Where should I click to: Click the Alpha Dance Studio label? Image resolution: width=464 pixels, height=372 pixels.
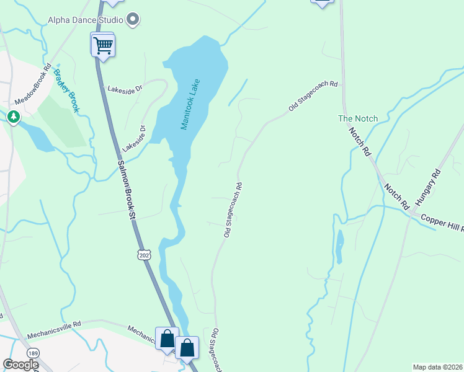coord(86,20)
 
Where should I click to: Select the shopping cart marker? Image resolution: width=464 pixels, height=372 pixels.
coord(103,45)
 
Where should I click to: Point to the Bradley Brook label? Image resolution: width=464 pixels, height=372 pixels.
coord(66,91)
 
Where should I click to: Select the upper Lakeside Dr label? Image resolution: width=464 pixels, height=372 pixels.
coord(125,89)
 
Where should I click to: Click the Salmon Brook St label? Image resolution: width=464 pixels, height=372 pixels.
coord(126,190)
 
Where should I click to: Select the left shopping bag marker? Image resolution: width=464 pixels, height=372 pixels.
coord(167,339)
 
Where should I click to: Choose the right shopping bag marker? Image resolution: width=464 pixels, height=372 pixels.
coord(187,348)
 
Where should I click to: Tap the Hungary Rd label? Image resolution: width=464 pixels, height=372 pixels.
coord(427,188)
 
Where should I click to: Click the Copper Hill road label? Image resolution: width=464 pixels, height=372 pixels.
coord(442,223)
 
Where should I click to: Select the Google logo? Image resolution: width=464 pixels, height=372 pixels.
coord(20,365)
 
